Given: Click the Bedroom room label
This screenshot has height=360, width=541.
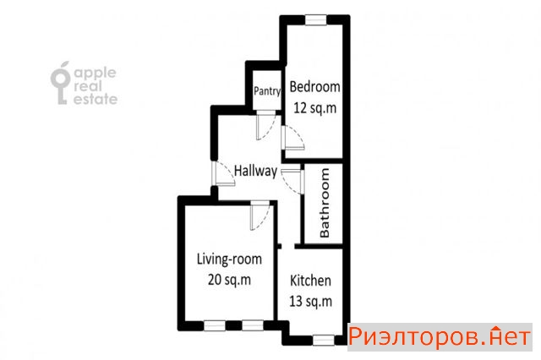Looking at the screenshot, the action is (314, 87).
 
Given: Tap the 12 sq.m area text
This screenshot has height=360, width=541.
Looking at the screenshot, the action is (314, 108).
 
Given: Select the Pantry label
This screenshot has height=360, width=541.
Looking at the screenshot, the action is (267, 91).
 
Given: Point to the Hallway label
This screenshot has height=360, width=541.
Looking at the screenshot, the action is (255, 171).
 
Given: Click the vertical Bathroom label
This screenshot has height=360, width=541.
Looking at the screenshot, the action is (325, 203).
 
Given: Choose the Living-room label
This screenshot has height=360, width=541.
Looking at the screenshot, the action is (229, 259).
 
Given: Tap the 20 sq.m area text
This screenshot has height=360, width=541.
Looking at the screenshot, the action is (229, 280).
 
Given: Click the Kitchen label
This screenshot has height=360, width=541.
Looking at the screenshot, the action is (310, 281).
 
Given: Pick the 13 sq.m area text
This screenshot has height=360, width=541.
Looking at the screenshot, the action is (310, 301).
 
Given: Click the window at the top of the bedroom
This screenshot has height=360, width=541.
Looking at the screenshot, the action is (315, 20).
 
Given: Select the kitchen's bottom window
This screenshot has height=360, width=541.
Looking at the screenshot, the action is (324, 341).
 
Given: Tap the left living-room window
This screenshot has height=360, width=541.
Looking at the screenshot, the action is (215, 325).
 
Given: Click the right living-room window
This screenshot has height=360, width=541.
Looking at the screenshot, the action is (253, 325).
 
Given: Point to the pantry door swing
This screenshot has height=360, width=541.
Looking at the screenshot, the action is (265, 125).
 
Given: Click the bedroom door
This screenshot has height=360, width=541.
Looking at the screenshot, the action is (292, 138).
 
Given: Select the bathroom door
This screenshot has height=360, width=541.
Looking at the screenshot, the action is (292, 182).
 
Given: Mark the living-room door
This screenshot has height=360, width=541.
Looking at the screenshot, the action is (260, 215).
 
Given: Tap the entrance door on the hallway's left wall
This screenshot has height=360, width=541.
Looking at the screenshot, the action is (223, 174).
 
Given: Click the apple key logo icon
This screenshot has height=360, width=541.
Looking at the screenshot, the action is (61, 83).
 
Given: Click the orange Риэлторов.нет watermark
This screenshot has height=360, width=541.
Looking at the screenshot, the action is (440, 337).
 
